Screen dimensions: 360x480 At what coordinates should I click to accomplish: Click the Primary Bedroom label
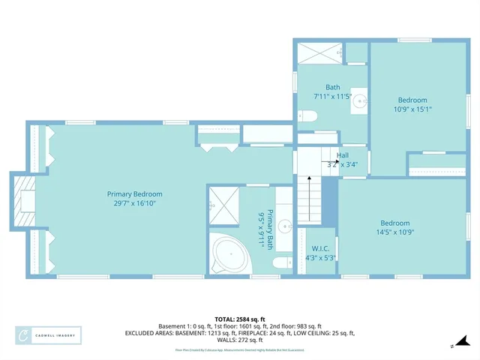(134, 193)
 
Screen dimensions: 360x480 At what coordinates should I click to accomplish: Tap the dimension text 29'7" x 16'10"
(134, 202)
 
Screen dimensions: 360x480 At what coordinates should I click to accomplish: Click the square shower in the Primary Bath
(222, 202)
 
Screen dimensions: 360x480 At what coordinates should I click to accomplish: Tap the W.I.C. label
(319, 248)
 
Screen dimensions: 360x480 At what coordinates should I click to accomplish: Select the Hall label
(342, 155)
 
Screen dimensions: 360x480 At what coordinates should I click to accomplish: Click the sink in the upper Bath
(358, 98)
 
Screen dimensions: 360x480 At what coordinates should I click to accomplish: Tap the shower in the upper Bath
(320, 53)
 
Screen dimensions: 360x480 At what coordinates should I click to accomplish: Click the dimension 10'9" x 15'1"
(412, 109)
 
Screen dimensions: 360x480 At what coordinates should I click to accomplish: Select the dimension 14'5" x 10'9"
(394, 232)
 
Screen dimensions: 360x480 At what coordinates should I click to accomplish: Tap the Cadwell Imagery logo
(48, 335)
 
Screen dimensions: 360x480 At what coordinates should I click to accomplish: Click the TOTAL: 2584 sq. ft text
(239, 319)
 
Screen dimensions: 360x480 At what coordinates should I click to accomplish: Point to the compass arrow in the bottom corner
(453, 345)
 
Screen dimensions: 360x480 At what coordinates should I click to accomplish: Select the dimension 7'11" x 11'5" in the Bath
(332, 97)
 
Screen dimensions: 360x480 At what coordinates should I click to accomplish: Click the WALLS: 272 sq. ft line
(240, 340)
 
